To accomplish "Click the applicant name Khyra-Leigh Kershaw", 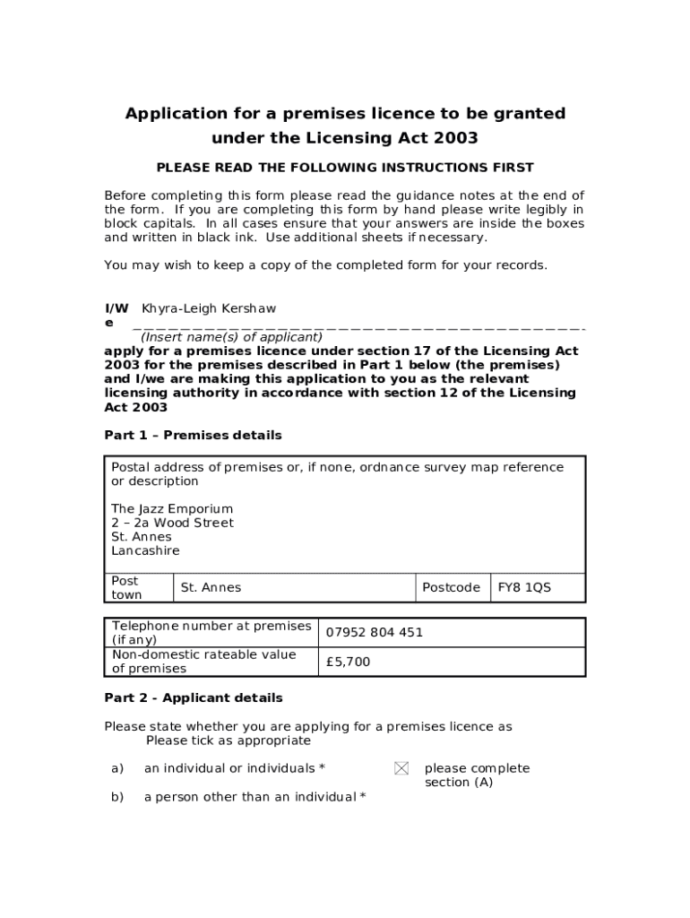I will [x=203, y=308].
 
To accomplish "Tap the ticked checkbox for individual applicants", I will [x=401, y=768].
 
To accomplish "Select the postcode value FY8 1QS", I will [x=524, y=588].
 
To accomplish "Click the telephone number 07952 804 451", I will [x=374, y=632].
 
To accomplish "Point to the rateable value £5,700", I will [x=348, y=662].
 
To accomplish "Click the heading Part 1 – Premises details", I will [x=193, y=436].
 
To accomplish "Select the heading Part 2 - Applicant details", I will [x=193, y=698].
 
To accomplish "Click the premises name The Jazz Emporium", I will [x=172, y=509].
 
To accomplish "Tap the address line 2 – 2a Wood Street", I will [x=172, y=523].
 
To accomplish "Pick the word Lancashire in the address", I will [x=145, y=550].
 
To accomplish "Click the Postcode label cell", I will [x=451, y=588].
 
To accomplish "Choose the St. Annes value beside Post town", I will [x=211, y=588].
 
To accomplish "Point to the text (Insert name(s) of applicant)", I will [x=231, y=337].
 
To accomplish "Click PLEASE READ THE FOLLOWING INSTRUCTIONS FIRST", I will [x=345, y=168].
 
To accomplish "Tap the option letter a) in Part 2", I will [x=116, y=768].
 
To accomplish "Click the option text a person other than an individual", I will [x=254, y=797].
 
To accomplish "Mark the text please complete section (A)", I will [x=476, y=775].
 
